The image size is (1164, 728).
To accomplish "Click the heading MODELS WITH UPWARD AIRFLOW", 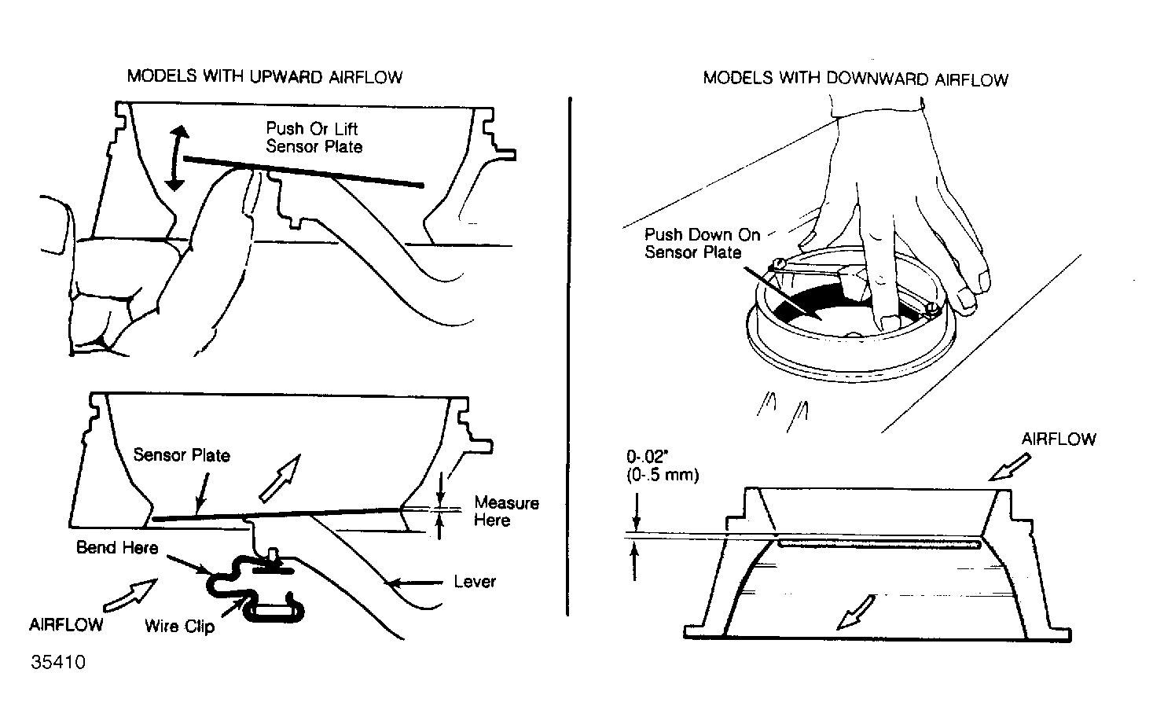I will (x=265, y=77).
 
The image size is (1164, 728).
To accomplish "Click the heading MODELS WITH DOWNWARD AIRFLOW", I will (x=855, y=79).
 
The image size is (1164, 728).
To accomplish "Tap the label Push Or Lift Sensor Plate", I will (x=314, y=138).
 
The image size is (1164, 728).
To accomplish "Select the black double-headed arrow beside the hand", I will (x=176, y=158).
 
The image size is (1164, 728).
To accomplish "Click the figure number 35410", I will (x=58, y=662).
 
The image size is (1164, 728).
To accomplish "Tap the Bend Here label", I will (x=117, y=547).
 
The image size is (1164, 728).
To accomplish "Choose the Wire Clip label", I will (x=179, y=626).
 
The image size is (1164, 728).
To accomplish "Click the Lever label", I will (x=475, y=582).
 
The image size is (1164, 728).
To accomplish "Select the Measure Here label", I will (x=506, y=511).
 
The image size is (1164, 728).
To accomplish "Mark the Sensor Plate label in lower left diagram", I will (x=182, y=455).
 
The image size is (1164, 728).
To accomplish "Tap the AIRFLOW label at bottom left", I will (x=66, y=625).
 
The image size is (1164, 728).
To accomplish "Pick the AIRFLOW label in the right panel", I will (x=1058, y=439).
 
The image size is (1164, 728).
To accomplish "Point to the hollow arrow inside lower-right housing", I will (x=856, y=611).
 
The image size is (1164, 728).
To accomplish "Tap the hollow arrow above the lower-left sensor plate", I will (x=281, y=477).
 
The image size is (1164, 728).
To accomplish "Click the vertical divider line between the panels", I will (x=567, y=354).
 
